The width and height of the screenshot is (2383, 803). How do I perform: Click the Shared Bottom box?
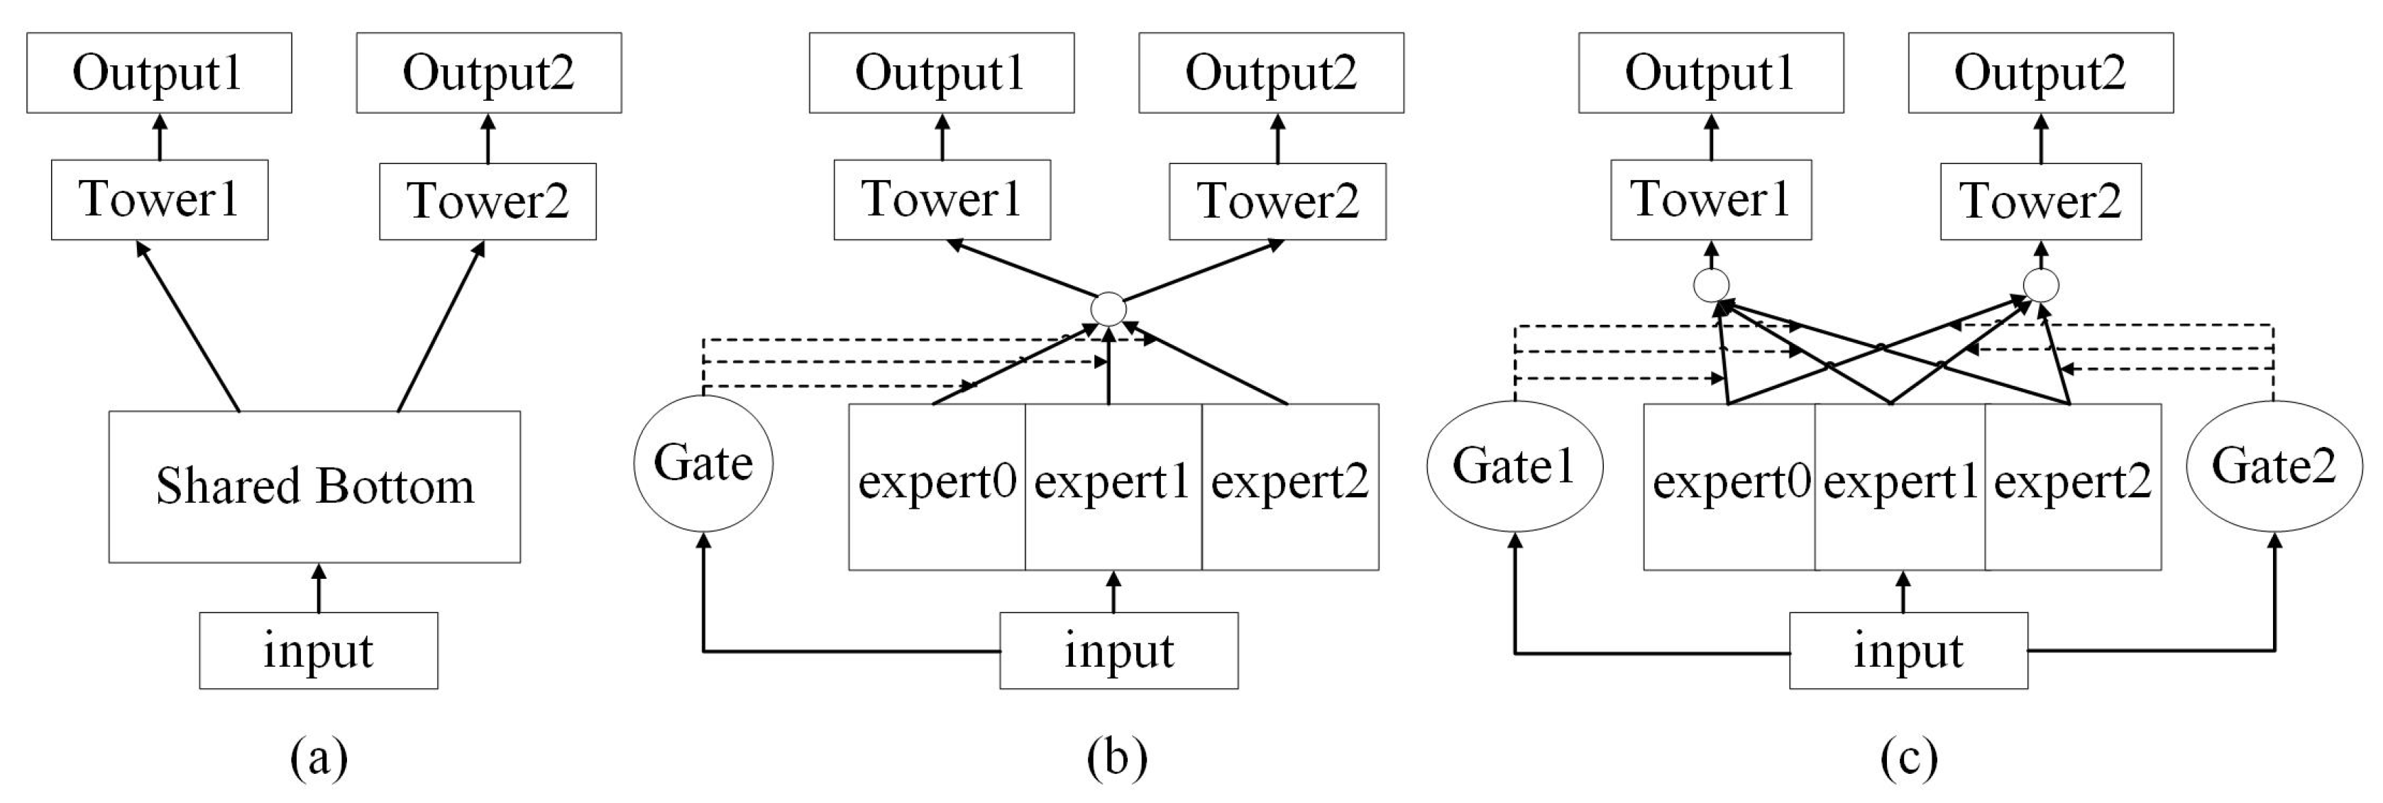[314, 487]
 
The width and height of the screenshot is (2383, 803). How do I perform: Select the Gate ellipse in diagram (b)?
[703, 463]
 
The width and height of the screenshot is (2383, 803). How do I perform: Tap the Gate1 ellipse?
[1514, 466]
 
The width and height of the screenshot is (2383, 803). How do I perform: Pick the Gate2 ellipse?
[2274, 466]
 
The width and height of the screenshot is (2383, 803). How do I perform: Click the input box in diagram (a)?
[318, 650]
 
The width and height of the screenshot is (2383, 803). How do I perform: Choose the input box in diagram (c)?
[1908, 650]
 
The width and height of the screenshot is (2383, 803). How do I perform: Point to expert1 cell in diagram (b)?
[1113, 487]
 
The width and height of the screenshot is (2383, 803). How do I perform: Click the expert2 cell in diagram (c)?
[2073, 487]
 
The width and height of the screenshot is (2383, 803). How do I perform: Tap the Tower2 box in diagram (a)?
[488, 201]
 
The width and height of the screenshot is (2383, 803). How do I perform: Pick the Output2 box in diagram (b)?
[1271, 73]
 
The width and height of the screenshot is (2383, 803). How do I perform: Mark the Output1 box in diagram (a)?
[159, 73]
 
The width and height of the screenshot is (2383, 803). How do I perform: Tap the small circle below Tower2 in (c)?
[2041, 285]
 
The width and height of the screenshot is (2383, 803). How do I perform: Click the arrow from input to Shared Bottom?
[319, 588]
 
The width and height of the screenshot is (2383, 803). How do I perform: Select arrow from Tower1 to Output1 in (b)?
[942, 137]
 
